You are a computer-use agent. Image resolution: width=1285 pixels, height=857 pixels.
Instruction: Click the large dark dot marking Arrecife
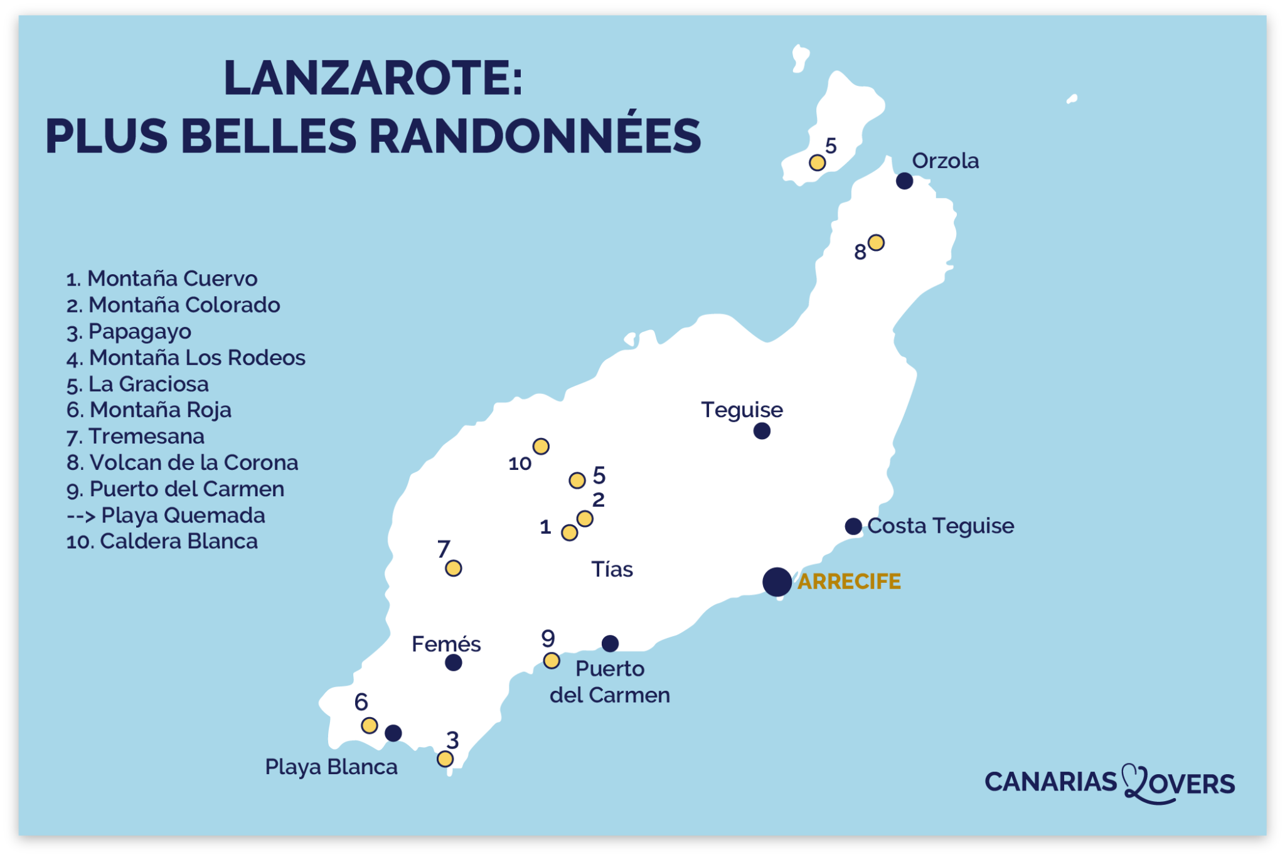777,582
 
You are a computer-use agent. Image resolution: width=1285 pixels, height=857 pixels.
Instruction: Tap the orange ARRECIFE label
849,582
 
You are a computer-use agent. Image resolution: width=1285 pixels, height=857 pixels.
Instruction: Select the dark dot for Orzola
904,181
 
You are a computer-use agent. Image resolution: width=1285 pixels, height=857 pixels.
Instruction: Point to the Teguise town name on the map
742,410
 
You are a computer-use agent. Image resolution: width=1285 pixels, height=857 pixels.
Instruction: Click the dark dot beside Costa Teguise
853,526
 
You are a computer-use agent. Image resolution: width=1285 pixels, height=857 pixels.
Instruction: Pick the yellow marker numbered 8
876,242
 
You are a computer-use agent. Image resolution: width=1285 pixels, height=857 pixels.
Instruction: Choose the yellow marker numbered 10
541,446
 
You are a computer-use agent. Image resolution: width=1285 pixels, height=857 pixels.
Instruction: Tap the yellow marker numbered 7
453,568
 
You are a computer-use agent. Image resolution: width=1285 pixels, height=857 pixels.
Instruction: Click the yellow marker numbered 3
445,759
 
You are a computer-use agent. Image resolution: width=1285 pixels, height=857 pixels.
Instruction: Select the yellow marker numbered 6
370,725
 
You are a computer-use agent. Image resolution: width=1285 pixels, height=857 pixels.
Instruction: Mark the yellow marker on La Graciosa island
817,162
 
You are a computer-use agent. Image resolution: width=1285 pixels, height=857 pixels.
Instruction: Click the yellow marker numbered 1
569,533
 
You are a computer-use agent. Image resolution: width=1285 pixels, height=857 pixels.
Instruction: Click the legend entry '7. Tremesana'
136,436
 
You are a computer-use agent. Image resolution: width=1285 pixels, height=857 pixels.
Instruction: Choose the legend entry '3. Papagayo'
129,331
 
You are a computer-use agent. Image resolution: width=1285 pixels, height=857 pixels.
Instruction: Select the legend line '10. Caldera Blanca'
162,541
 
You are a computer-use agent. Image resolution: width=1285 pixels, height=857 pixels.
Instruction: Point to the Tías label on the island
612,569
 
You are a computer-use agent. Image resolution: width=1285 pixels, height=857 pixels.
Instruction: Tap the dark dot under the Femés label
453,663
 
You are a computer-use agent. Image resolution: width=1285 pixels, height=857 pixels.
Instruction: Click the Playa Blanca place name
331,767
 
